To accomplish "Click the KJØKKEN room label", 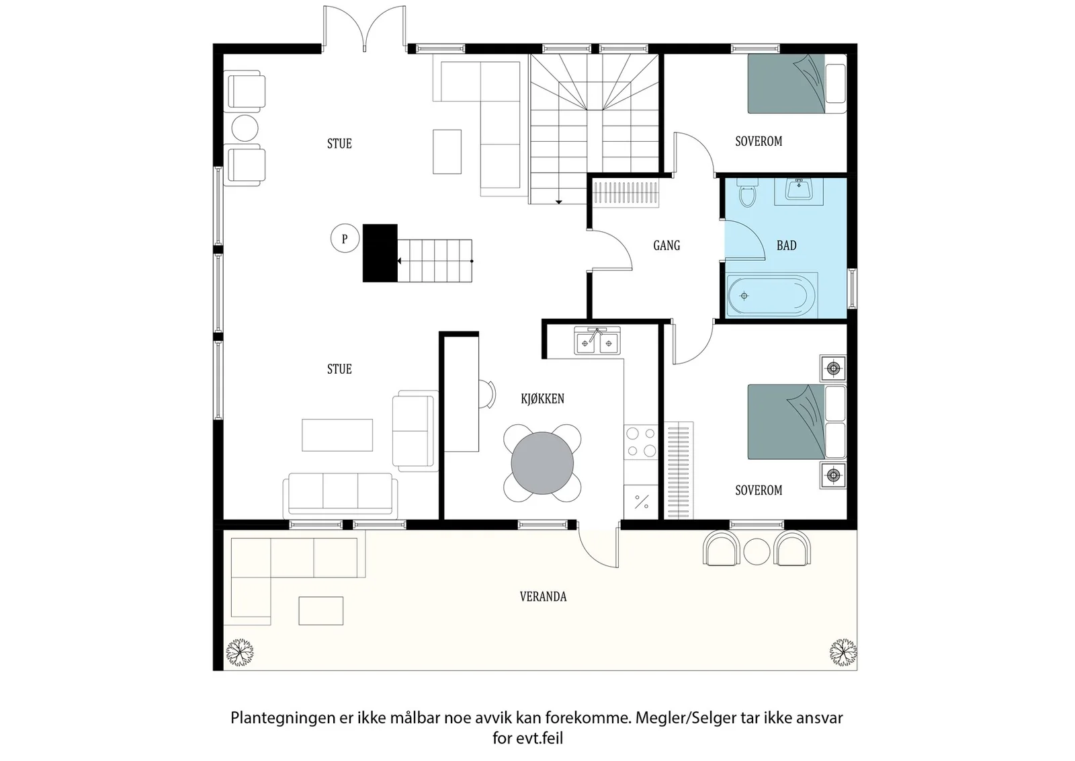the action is pos(542,399).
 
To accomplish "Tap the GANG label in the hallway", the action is pos(666,245).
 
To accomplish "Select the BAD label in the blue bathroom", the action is pos(787,245).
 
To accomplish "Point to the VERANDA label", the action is pos(544,596).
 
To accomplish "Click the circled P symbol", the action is pos(345,238).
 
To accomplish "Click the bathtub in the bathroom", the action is pos(771,295).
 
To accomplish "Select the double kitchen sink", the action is pos(597,341).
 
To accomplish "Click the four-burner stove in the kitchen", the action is pos(641,442).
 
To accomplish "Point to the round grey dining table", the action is pos(542,463).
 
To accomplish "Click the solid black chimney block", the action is pos(380,253).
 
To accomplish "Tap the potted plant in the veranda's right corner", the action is pos(843,652).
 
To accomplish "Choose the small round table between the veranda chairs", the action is pos(757,551).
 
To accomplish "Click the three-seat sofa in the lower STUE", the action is pos(340,495).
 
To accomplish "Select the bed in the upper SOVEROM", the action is pos(797,83).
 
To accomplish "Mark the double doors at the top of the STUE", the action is pos(364,29).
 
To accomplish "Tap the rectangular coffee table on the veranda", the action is pos(321,610).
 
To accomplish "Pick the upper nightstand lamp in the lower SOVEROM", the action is pos(833,369).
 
